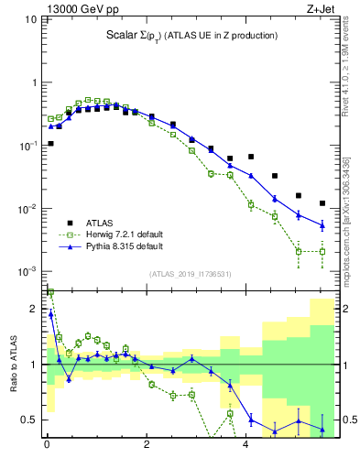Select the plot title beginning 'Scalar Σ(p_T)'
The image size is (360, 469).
point(190,36)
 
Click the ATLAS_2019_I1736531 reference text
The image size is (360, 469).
point(190,274)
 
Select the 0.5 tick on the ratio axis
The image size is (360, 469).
point(31,420)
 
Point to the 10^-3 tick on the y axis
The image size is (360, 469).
point(28,272)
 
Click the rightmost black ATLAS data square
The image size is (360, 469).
point(322,203)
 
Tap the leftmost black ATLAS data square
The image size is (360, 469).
point(50,144)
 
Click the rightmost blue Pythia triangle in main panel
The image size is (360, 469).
point(322,224)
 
